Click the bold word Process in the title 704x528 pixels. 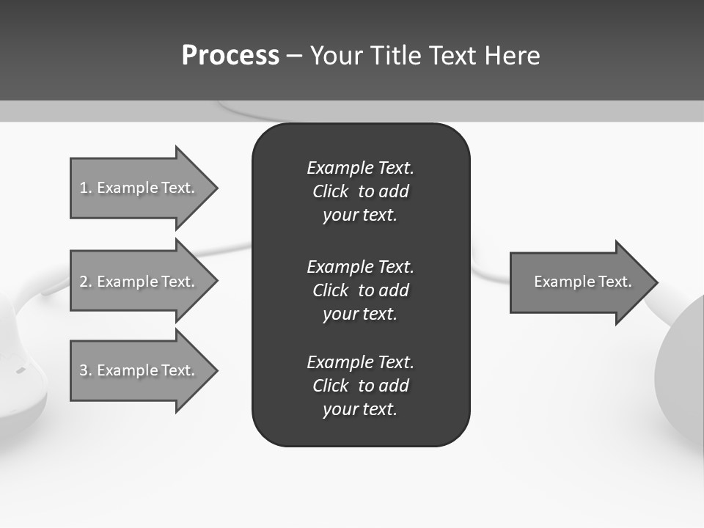click(230, 56)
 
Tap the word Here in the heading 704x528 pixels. click(512, 56)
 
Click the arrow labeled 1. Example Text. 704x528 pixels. click(139, 188)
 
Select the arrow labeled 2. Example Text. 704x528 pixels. click(139, 282)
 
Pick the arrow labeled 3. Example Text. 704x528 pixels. click(139, 370)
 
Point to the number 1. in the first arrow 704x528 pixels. click(86, 188)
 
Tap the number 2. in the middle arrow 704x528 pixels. click(86, 282)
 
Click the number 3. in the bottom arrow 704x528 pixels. click(86, 370)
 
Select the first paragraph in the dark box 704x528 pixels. click(360, 191)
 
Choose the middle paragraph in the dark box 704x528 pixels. click(360, 290)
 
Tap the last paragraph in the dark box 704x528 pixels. click(360, 386)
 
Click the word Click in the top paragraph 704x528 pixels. click(330, 192)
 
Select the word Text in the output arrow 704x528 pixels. click(615, 282)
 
